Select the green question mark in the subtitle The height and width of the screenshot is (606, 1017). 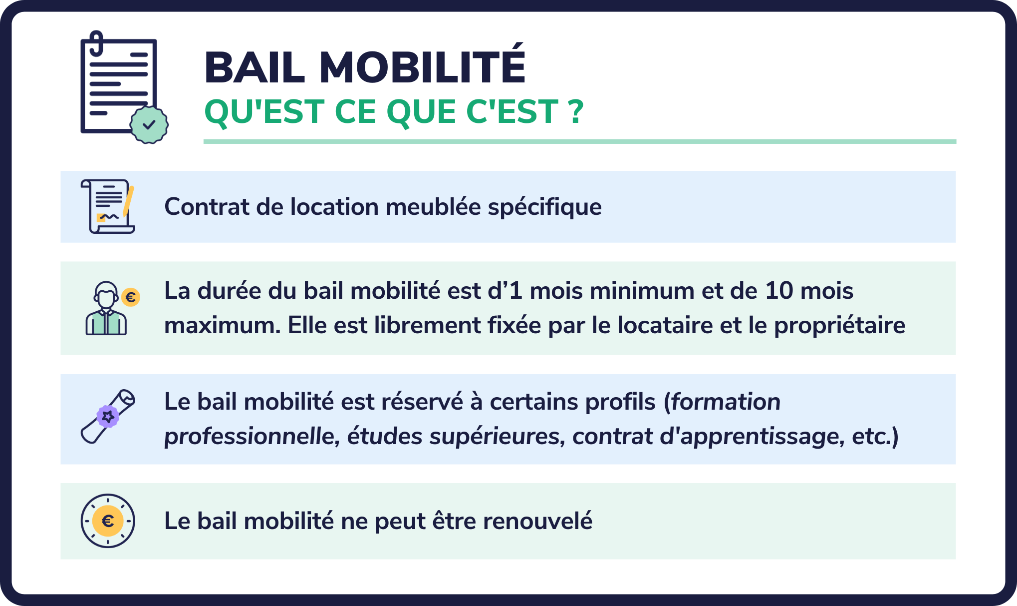point(575,111)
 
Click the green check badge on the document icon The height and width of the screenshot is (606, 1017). point(149,124)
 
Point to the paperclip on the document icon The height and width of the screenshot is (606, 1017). point(96,42)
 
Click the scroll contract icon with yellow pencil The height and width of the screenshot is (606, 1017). point(108,206)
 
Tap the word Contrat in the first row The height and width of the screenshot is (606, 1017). point(206,207)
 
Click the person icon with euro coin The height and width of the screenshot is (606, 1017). point(106,309)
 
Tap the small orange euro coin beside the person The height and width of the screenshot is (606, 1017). point(131,297)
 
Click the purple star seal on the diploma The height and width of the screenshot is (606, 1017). point(108,416)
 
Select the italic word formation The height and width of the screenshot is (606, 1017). point(726,402)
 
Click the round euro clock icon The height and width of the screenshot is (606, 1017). point(108,521)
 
